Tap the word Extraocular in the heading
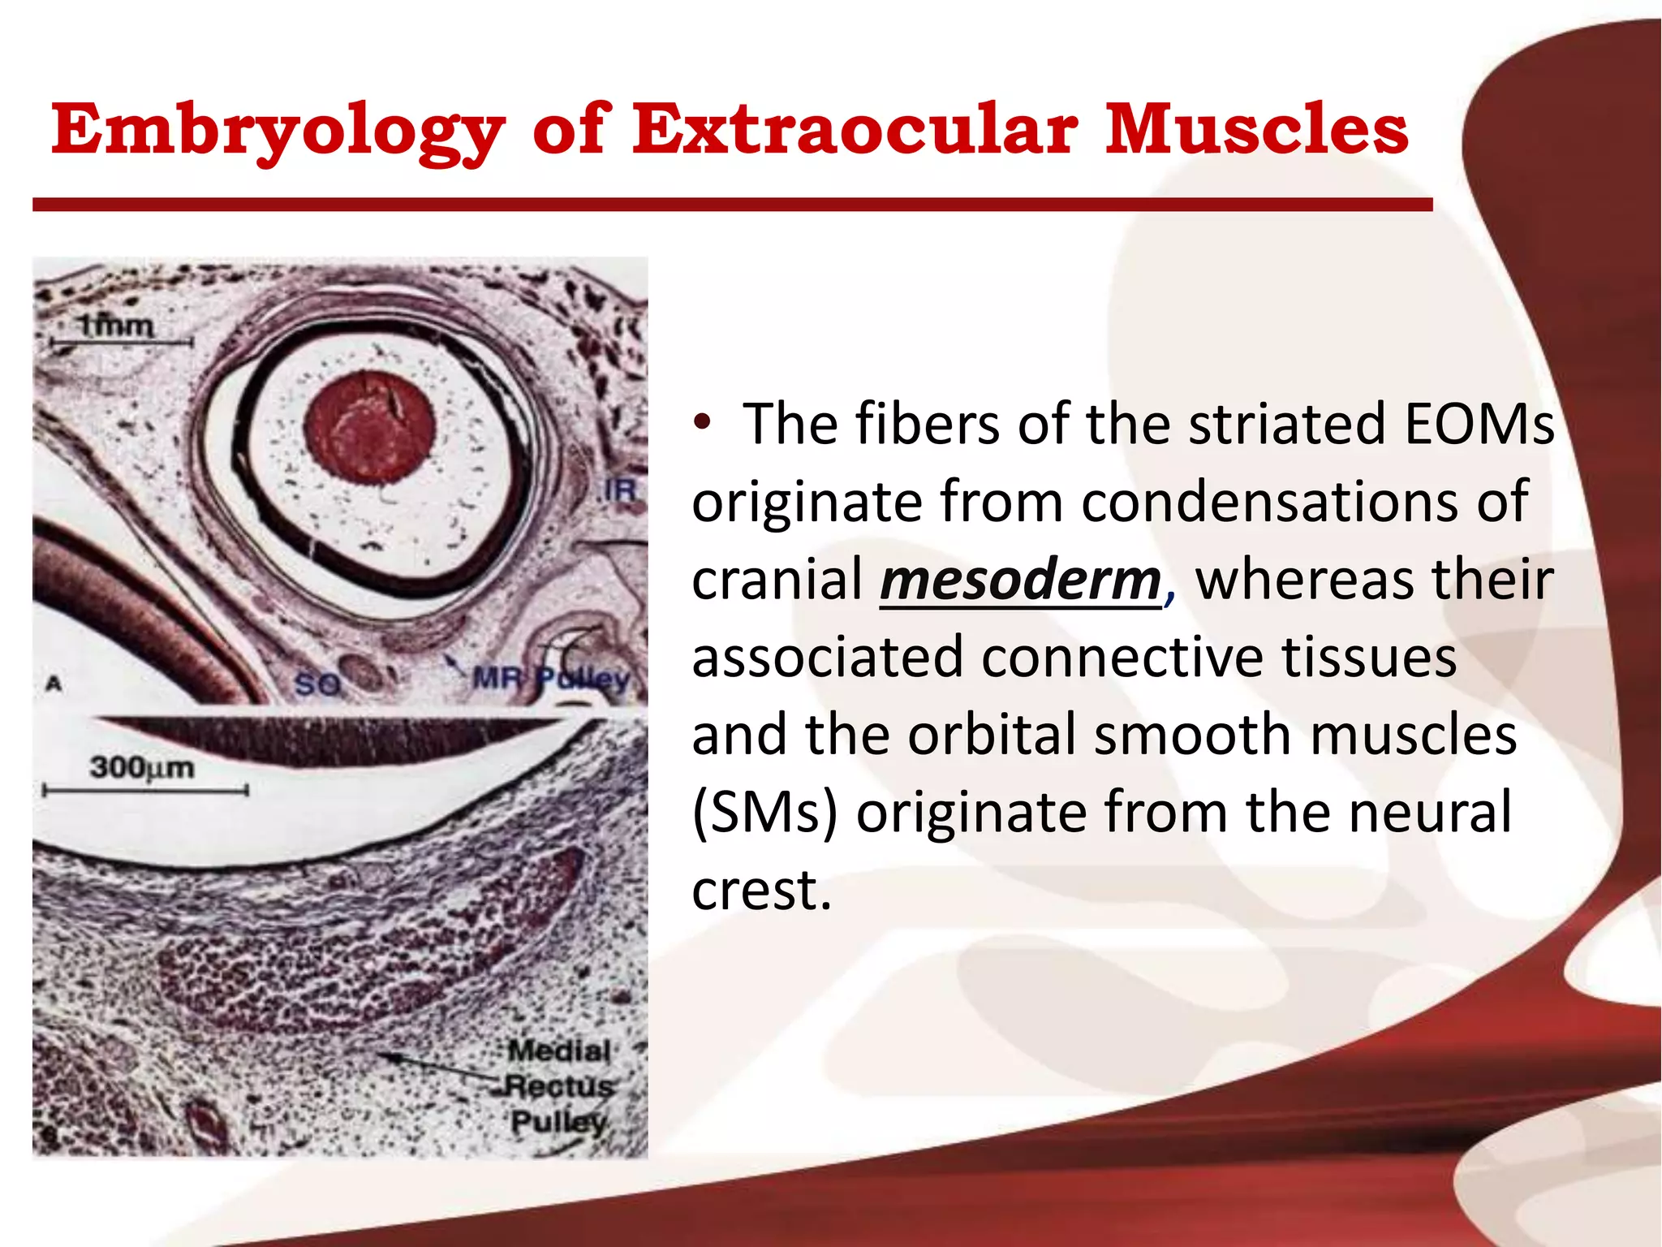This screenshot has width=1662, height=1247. coord(855,130)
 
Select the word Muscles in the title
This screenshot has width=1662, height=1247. coord(1256,130)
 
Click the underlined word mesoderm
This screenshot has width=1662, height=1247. coord(1020,580)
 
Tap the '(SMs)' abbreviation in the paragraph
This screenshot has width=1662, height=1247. coord(764,813)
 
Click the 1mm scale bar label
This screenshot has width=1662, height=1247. coord(116,326)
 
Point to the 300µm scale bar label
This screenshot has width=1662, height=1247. coord(142,767)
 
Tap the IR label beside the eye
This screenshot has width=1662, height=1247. coord(620,490)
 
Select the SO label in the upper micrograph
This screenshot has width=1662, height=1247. coord(316,684)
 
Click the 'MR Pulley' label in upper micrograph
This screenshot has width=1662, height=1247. coord(551,678)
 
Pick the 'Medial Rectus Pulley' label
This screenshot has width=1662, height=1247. coord(558,1086)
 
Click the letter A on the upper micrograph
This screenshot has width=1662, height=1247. coord(54,684)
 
